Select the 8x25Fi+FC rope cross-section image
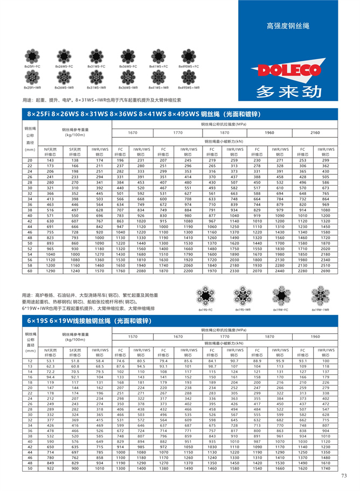point(32,55)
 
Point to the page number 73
point(344,474)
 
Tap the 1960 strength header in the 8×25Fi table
point(269,132)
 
